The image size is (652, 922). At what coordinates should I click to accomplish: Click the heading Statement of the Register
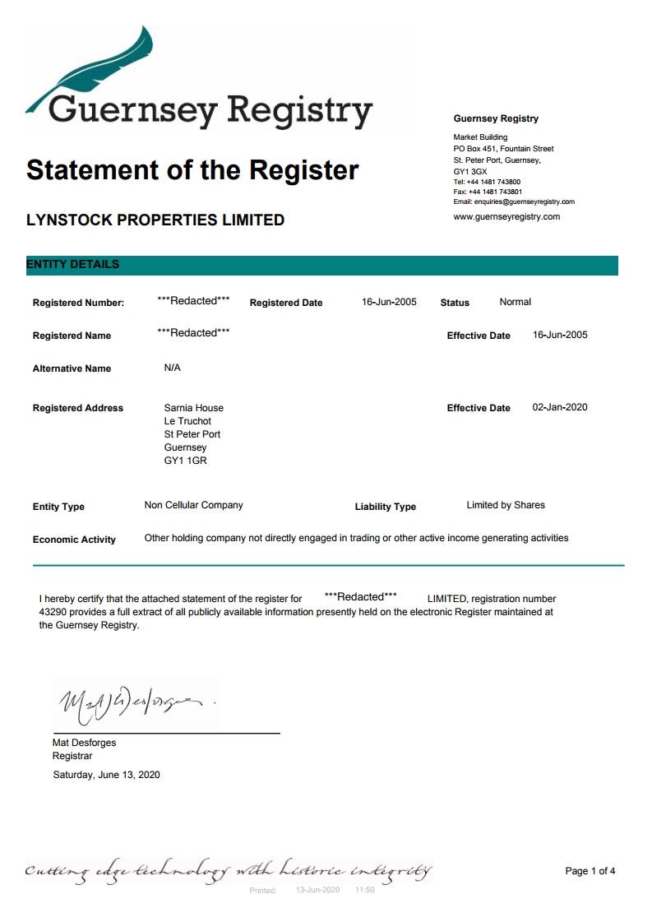click(x=192, y=170)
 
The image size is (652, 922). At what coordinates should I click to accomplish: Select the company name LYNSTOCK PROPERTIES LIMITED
click(x=155, y=220)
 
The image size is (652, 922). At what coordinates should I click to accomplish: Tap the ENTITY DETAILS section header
click(x=73, y=265)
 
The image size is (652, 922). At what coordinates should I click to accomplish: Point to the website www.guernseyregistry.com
click(x=506, y=217)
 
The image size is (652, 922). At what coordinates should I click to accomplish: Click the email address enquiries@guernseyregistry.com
click(x=514, y=202)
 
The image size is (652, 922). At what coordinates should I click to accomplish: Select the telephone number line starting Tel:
click(x=487, y=182)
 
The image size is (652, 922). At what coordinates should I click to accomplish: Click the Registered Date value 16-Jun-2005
click(x=389, y=302)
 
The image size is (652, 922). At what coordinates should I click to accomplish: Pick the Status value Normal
click(x=516, y=302)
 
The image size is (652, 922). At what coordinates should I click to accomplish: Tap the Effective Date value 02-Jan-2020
click(x=560, y=407)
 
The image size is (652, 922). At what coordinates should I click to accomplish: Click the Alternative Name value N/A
click(x=172, y=368)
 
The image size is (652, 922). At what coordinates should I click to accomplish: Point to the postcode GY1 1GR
click(x=185, y=461)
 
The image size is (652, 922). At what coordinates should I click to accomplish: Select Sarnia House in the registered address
click(x=193, y=408)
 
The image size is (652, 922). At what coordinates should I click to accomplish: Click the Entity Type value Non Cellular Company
click(x=193, y=505)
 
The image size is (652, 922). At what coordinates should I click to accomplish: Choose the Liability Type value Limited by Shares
click(x=505, y=505)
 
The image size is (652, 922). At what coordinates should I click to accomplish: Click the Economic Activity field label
click(x=74, y=540)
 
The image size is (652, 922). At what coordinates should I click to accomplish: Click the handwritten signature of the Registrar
click(x=132, y=702)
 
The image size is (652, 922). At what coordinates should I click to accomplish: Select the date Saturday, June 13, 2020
click(x=106, y=775)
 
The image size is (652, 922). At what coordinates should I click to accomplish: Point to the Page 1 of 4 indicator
click(x=590, y=871)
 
